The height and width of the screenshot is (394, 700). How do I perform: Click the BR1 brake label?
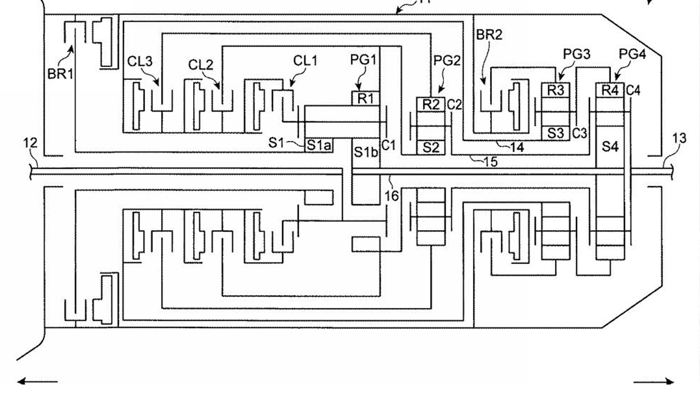[61, 74]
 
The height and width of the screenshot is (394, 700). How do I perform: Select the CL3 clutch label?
[140, 62]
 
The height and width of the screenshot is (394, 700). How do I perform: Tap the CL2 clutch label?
[201, 65]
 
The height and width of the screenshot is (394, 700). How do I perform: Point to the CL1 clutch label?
[305, 61]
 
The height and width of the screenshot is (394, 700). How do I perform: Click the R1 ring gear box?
[366, 98]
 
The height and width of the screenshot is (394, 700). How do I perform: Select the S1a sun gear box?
[319, 146]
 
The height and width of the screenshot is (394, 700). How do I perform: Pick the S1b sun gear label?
[366, 152]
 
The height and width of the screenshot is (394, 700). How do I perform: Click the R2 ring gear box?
[431, 105]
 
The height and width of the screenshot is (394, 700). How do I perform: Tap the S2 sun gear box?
[431, 148]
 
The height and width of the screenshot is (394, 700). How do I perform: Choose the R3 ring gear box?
[555, 90]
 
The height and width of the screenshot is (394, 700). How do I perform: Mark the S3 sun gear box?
[555, 134]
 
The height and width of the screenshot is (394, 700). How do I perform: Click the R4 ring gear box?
[610, 90]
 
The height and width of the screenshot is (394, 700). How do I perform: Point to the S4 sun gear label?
[610, 147]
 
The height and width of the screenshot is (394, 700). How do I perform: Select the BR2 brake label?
[489, 35]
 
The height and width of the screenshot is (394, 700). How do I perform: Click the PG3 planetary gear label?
[577, 54]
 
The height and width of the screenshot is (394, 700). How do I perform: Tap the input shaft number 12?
[30, 143]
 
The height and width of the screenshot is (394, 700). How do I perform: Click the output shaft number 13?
[679, 139]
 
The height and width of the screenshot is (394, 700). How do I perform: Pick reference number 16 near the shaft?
[392, 196]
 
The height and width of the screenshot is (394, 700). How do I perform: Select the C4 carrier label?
[633, 90]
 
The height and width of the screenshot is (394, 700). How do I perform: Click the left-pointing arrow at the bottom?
[36, 382]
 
